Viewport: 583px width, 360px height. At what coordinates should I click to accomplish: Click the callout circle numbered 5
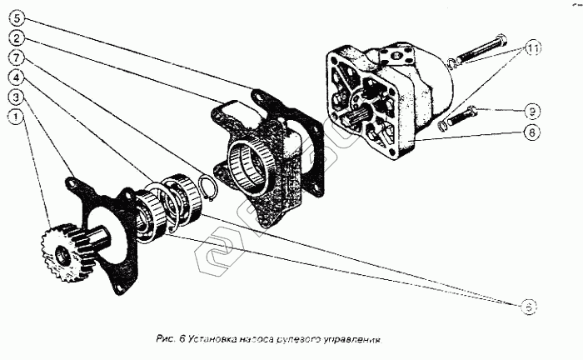tap(18, 18)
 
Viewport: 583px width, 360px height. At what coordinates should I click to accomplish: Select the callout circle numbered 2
tap(18, 37)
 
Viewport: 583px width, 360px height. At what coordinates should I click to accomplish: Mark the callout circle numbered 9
tap(530, 109)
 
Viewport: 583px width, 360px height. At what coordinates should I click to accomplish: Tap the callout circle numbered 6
tap(529, 307)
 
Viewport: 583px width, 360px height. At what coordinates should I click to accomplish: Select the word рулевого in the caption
tap(300, 340)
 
